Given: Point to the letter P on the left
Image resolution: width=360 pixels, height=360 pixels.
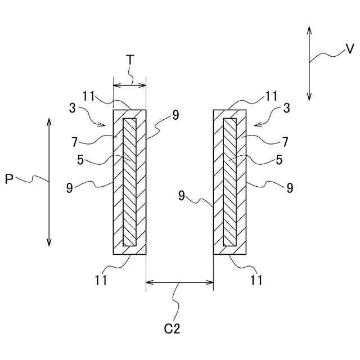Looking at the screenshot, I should click(x=10, y=179).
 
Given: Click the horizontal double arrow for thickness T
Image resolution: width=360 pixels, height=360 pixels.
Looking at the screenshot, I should click(x=129, y=85).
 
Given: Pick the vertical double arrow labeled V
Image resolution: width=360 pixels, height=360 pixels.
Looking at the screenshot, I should click(x=309, y=63).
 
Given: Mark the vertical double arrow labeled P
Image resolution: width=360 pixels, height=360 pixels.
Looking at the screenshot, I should click(x=49, y=182).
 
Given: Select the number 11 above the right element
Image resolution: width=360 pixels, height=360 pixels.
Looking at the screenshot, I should click(x=272, y=96).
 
